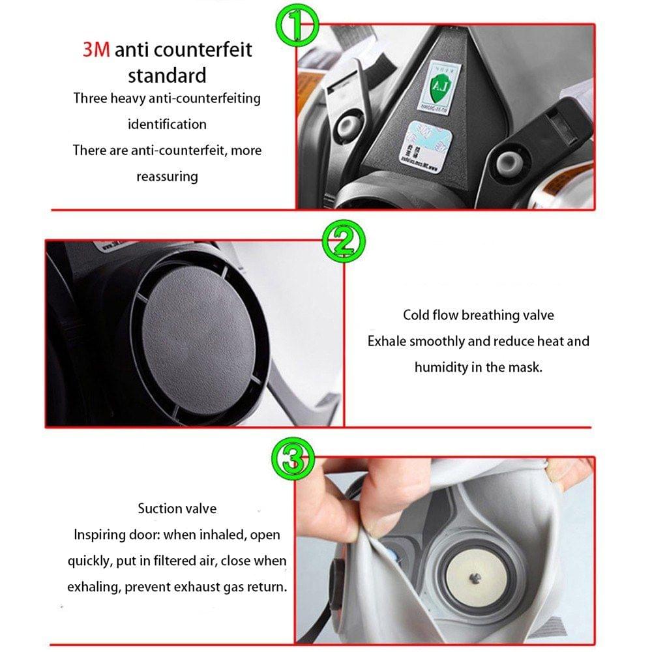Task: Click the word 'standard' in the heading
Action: pyautogui.click(x=167, y=75)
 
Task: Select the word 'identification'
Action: pyautogui.click(x=167, y=124)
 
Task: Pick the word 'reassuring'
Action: pyautogui.click(x=167, y=177)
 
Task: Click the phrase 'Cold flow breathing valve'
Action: pyautogui.click(x=478, y=315)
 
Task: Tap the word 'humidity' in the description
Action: pyautogui.click(x=440, y=367)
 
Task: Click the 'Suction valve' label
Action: pyautogui.click(x=177, y=508)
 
